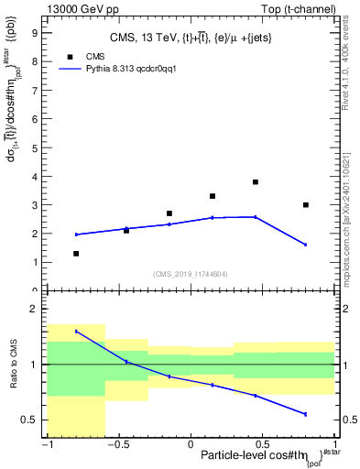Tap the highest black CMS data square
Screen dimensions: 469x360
[256, 182]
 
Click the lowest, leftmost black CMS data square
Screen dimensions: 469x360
[76, 254]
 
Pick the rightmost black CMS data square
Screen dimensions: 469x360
[306, 205]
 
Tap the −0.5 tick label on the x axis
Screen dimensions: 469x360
[117, 444]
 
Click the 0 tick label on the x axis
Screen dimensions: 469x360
[191, 444]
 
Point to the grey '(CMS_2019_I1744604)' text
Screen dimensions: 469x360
[191, 274]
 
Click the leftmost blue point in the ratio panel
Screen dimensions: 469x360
[76, 332]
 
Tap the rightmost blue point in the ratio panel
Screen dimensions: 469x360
[306, 414]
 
